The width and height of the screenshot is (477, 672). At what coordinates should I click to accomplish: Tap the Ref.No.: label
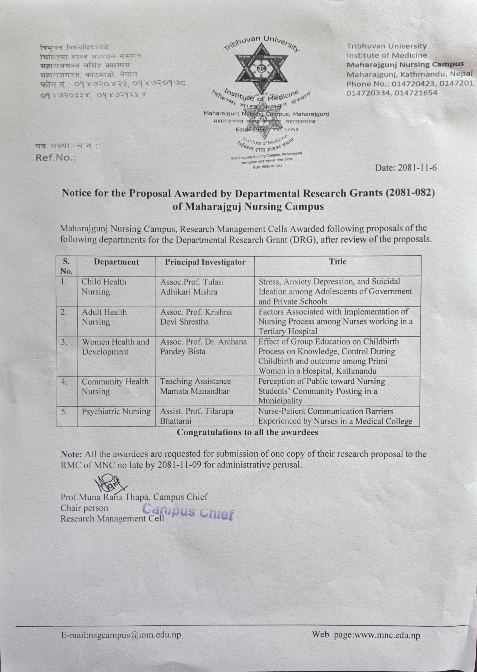(x=56, y=158)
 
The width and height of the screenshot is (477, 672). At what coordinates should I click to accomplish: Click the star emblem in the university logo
(x=260, y=68)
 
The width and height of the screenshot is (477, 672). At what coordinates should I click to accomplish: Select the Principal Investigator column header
(x=205, y=262)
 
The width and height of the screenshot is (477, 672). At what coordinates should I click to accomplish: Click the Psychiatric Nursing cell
(x=116, y=412)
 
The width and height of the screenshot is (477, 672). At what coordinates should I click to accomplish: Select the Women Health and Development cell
(x=116, y=347)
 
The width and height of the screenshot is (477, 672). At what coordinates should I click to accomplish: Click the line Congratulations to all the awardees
(x=247, y=432)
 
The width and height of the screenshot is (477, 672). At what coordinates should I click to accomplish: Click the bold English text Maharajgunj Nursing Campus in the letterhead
(x=405, y=64)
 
